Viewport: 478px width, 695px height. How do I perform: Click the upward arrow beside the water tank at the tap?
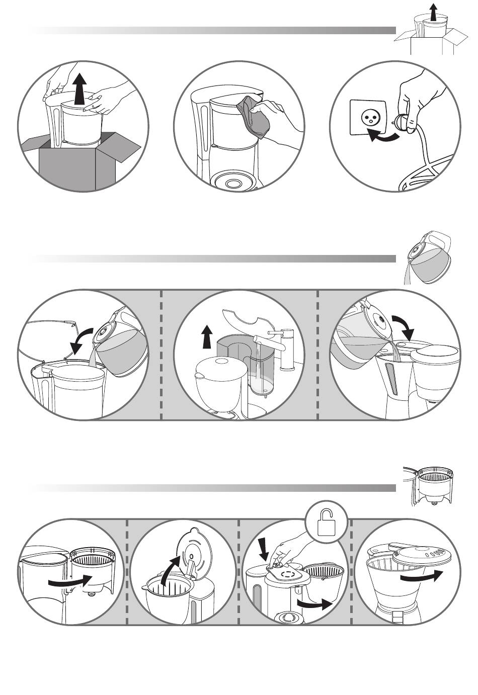[x=206, y=336]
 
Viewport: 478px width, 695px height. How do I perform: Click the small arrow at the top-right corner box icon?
[x=433, y=10]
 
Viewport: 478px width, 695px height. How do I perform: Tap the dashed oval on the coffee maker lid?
[x=288, y=573]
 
